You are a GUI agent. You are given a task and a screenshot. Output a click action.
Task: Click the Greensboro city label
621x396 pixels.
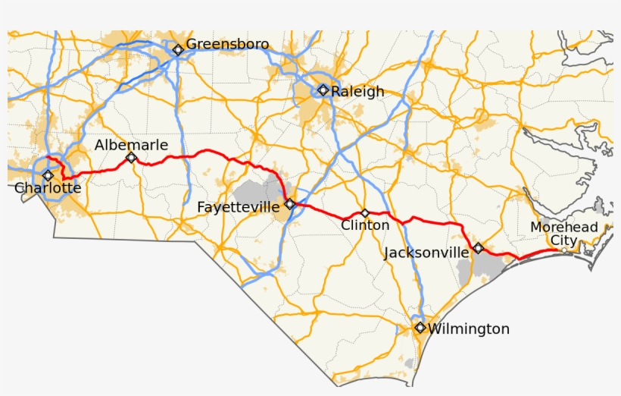tap(227, 44)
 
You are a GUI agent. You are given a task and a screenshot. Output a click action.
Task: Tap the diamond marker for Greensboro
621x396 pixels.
tap(178, 50)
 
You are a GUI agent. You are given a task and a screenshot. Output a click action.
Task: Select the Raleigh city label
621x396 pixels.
tap(357, 92)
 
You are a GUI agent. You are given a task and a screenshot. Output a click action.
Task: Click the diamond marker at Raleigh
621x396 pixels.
tap(323, 90)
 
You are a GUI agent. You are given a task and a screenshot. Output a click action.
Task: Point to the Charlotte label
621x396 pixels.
tap(48, 188)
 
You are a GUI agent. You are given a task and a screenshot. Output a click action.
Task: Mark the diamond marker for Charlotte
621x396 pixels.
tap(48, 175)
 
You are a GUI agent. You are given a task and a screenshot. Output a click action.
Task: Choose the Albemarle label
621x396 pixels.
tap(131, 145)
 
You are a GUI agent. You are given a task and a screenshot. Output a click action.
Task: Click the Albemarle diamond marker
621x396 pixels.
tap(131, 158)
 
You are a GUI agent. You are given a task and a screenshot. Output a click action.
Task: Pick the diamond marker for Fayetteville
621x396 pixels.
tap(289, 203)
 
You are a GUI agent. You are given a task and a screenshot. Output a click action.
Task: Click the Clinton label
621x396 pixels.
tap(365, 225)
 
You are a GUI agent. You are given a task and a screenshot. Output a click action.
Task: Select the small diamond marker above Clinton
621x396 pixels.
tap(365, 213)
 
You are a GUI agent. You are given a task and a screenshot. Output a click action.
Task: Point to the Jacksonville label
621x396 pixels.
tap(426, 253)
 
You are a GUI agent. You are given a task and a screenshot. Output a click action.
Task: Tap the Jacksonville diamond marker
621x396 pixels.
tap(478, 248)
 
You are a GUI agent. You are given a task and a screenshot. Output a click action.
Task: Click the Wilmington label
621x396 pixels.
tap(468, 329)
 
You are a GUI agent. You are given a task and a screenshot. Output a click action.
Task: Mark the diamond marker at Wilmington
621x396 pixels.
tap(420, 328)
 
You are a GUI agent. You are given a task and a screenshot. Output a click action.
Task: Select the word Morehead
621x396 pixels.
tap(563, 228)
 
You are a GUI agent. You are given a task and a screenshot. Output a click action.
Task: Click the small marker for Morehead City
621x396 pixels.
tap(563, 250)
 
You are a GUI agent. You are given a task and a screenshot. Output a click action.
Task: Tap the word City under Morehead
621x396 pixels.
tap(563, 240)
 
